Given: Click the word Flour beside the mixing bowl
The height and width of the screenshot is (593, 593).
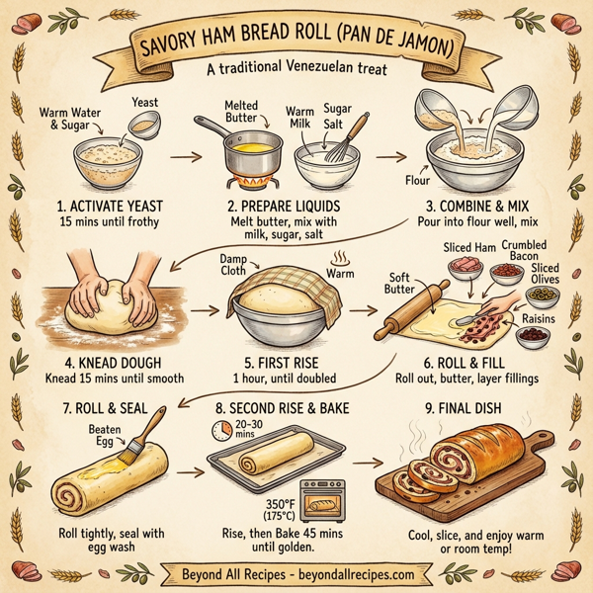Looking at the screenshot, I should tap(417, 181).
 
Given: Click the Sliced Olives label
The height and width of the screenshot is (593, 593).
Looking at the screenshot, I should tap(544, 274).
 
